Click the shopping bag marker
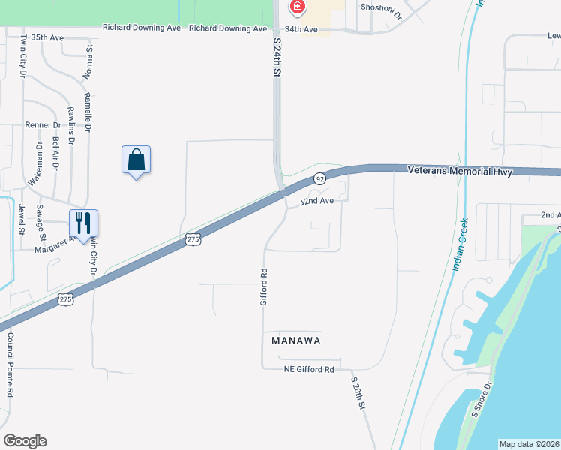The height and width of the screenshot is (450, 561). click(x=136, y=160)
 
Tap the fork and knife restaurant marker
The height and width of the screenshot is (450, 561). click(x=83, y=223)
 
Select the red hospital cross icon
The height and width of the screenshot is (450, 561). click(x=298, y=7)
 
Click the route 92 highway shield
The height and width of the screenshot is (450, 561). click(x=319, y=178)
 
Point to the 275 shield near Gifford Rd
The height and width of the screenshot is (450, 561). click(x=193, y=238)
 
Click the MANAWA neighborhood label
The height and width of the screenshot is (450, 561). click(x=295, y=340)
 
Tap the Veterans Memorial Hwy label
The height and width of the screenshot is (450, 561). click(x=460, y=172)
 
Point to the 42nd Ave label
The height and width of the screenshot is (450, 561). click(x=316, y=201)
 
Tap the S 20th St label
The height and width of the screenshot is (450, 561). click(x=358, y=392)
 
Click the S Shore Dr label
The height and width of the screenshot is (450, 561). click(x=481, y=399)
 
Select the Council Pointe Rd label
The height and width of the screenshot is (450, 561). click(x=11, y=365)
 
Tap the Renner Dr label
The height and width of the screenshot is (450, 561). click(x=42, y=125)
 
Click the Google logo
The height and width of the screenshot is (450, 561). click(x=25, y=441)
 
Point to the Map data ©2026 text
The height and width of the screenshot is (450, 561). click(x=528, y=444)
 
